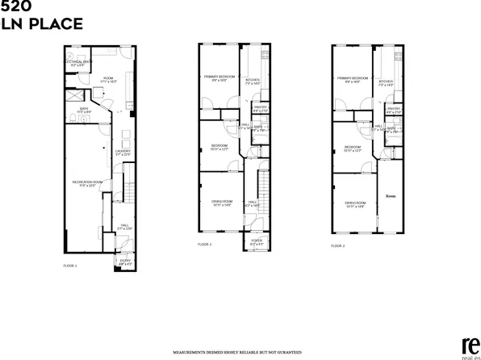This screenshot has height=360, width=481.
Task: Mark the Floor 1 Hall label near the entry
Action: pyautogui.click(x=124, y=228)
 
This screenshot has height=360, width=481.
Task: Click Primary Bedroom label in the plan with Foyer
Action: pyautogui.click(x=217, y=78)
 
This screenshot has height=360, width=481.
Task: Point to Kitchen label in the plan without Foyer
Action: pyautogui.click(x=386, y=82)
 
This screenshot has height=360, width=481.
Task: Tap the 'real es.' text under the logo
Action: pyautogui.click(x=467, y=355)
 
